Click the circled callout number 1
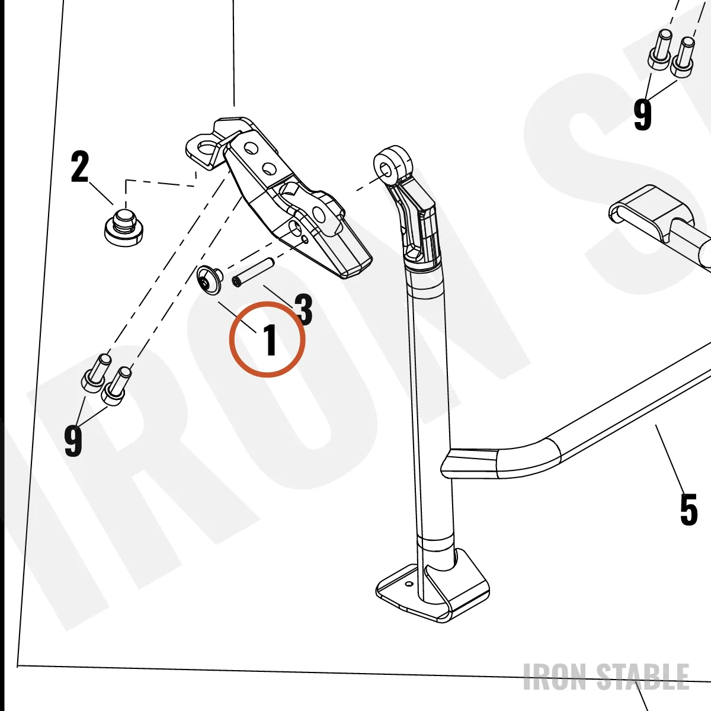point(271,340)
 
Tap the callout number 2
point(80,166)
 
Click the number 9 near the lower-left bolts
point(73,441)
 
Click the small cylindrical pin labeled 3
point(253,273)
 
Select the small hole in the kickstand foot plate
point(409,584)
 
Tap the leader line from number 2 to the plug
point(101,193)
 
